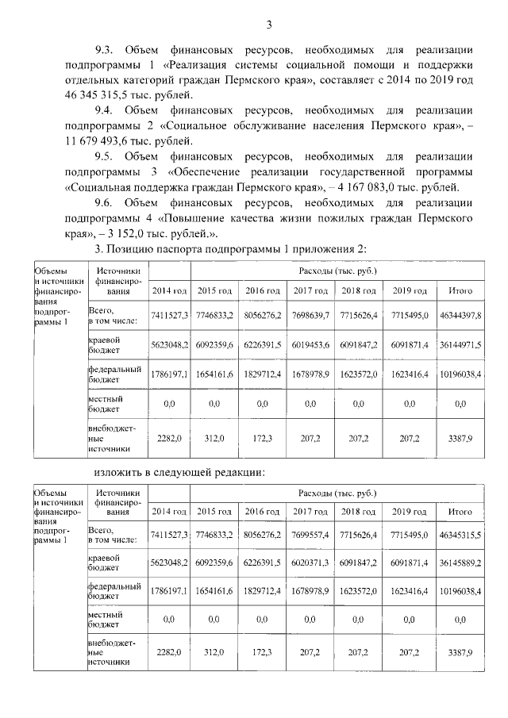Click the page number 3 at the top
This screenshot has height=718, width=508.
269,25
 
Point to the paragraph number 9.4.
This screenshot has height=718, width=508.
106,110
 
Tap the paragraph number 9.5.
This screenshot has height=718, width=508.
106,156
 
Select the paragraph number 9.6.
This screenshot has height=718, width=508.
106,202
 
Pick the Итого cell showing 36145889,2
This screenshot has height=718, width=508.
460,565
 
